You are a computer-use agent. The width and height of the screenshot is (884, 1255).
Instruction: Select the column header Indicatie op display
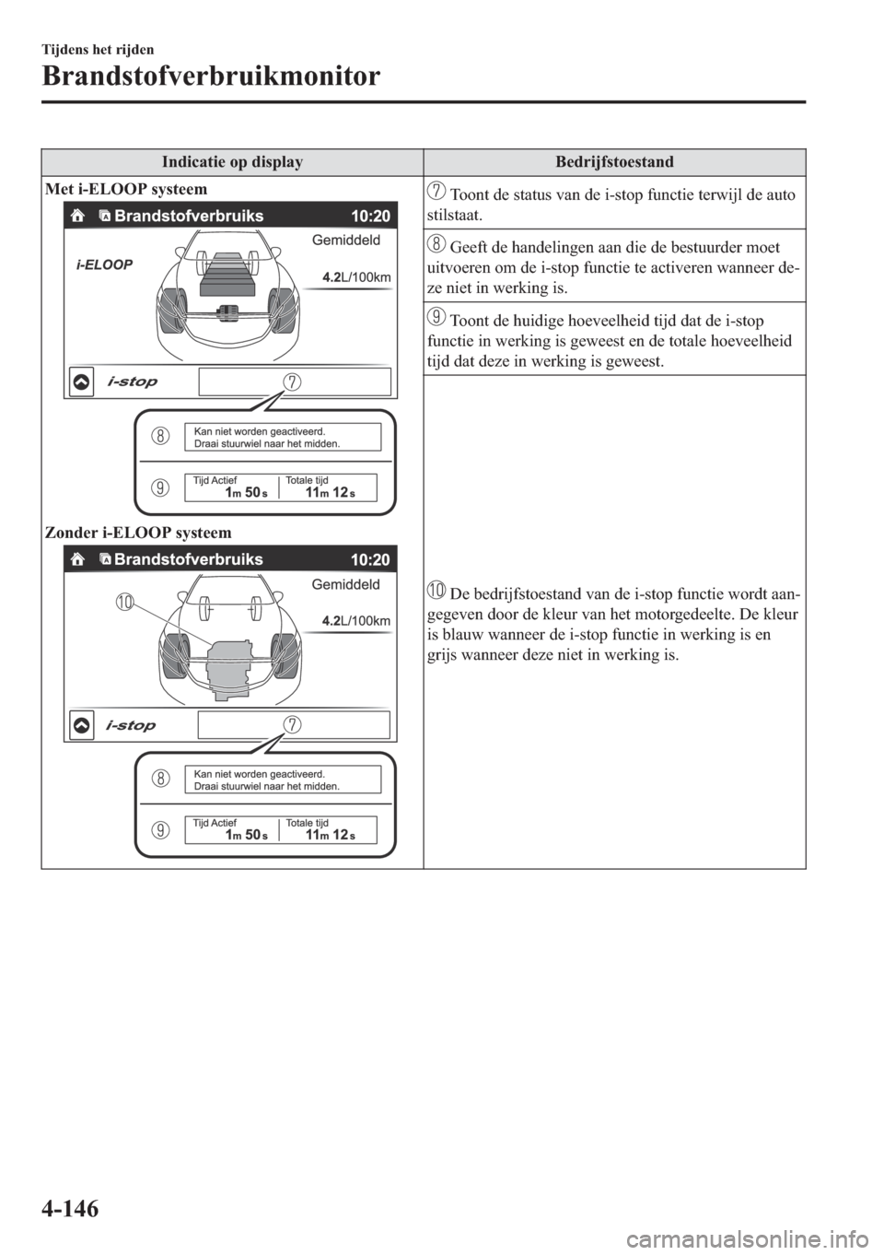[x=232, y=162]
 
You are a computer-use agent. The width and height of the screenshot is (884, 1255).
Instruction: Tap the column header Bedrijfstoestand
[x=614, y=162]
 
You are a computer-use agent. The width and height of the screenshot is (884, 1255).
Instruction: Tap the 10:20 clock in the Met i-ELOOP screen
[x=370, y=217]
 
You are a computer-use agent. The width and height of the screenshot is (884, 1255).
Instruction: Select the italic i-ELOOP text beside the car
[x=103, y=263]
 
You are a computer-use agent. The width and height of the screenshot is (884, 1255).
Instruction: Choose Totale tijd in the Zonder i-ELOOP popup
[x=307, y=823]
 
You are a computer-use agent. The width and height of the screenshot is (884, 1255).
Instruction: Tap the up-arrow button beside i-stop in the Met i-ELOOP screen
[x=81, y=382]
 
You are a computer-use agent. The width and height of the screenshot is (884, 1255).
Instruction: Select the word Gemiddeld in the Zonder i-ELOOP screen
[x=352, y=584]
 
